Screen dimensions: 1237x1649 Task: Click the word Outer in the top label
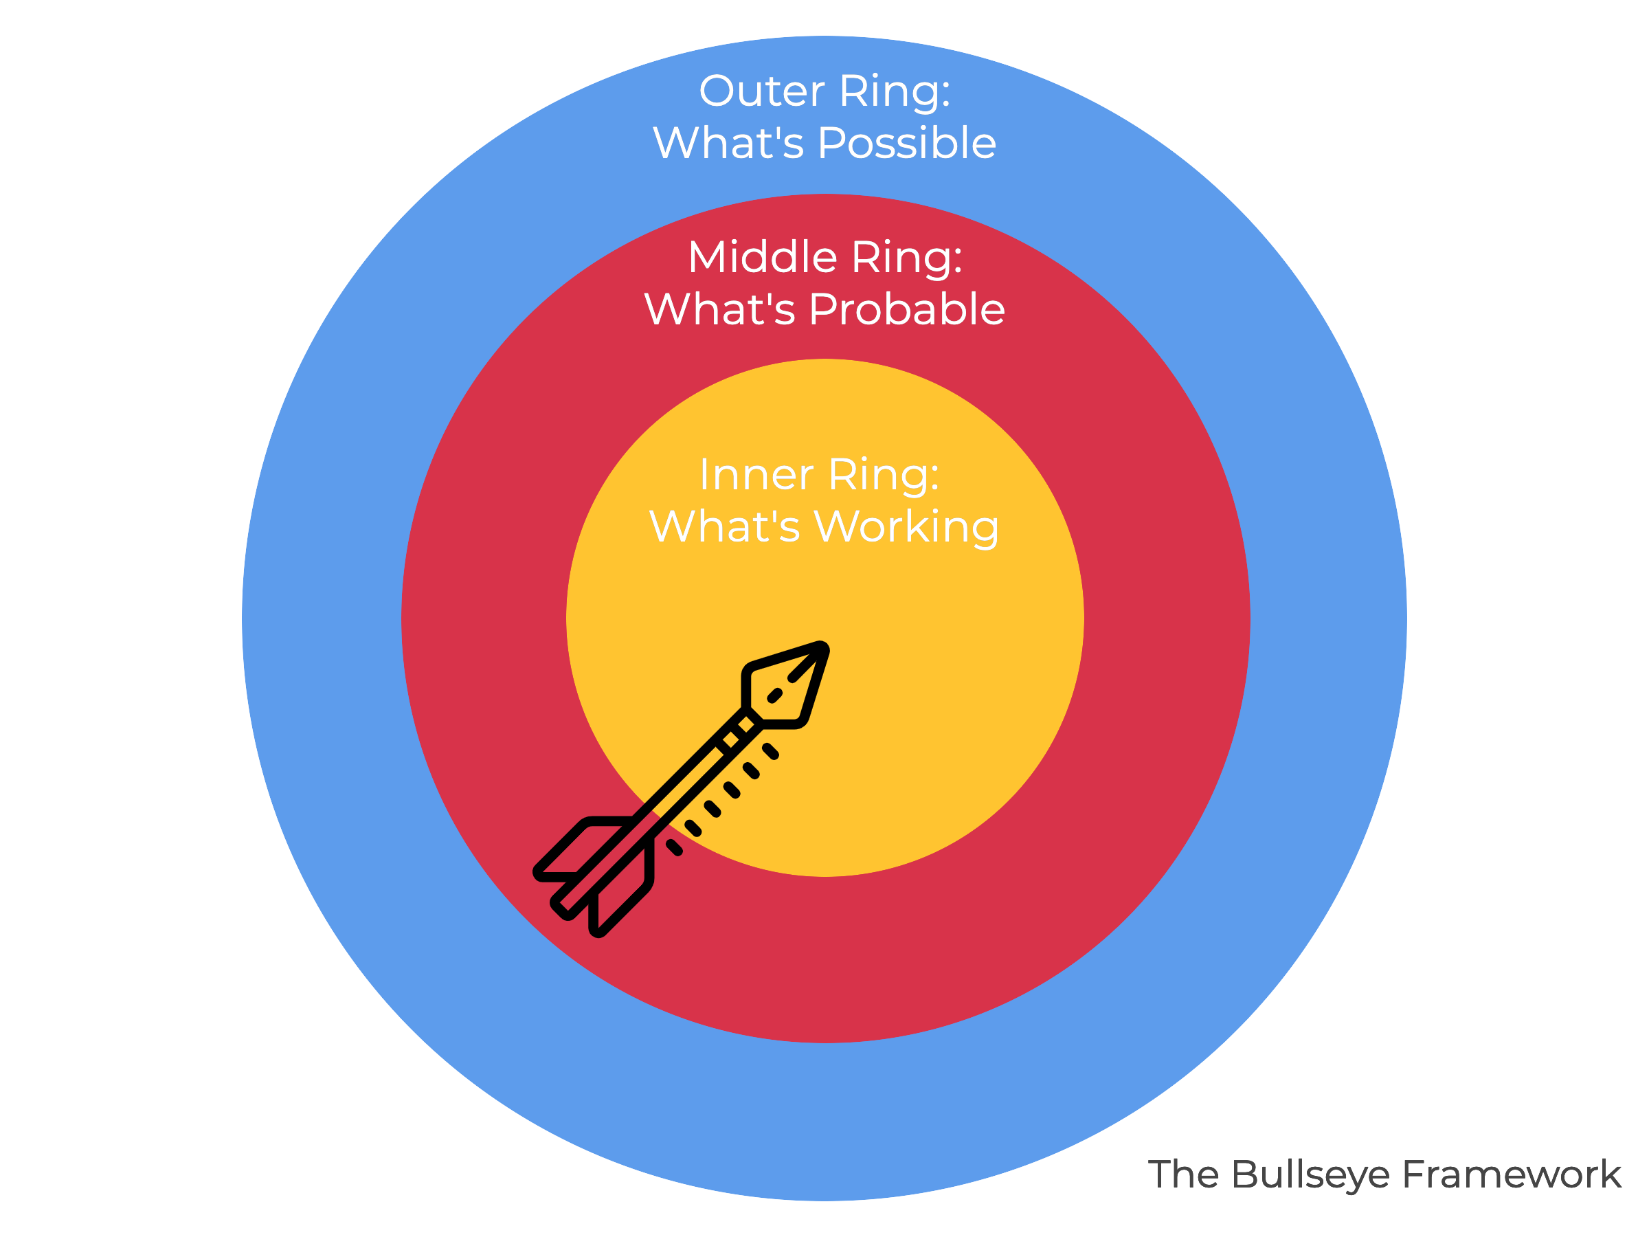click(x=762, y=91)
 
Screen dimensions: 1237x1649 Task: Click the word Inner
click(x=756, y=475)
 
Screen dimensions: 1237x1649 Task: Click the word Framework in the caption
click(x=1512, y=1174)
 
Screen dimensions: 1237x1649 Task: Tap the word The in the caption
click(x=1185, y=1174)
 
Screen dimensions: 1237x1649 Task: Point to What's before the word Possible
click(x=728, y=143)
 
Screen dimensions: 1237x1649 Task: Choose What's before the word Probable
click(x=720, y=309)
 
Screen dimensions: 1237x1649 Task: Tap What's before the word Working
click(x=725, y=527)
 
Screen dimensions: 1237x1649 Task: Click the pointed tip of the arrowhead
click(x=822, y=648)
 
